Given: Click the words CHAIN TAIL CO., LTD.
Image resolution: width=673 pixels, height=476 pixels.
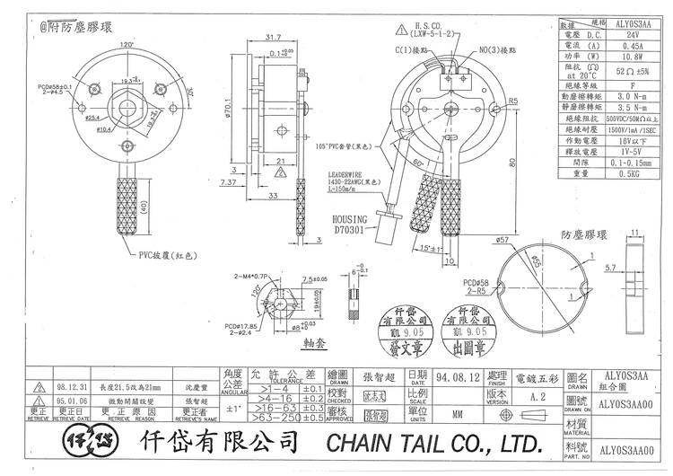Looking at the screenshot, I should point(434,443).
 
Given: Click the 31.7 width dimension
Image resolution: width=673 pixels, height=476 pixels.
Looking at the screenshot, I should point(273,37).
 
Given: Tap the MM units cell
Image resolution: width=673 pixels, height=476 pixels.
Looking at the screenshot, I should point(458,415).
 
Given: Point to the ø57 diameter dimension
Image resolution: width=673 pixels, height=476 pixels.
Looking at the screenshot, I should point(478,240).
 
